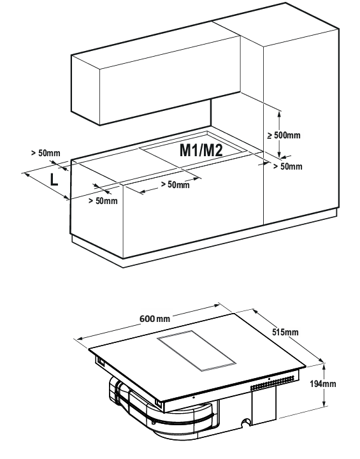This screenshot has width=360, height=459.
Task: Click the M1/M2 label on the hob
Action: (201, 150)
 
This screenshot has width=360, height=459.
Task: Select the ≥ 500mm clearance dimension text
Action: (284, 135)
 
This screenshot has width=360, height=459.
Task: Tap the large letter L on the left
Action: (54, 179)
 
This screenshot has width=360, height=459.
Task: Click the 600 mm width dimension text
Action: (155, 319)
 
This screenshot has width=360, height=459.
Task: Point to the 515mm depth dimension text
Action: (285, 332)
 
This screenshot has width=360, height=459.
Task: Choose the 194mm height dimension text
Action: (323, 384)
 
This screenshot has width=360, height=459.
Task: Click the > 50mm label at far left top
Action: (46, 153)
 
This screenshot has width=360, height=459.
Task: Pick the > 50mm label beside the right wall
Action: (288, 166)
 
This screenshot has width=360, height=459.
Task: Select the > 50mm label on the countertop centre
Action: (175, 184)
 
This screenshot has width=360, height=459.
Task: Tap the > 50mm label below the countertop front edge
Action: (103, 201)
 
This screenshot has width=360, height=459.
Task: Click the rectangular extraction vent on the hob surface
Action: (196, 351)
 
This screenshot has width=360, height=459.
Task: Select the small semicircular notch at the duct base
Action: (245, 423)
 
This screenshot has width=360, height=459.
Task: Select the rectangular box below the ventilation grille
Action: (264, 405)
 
